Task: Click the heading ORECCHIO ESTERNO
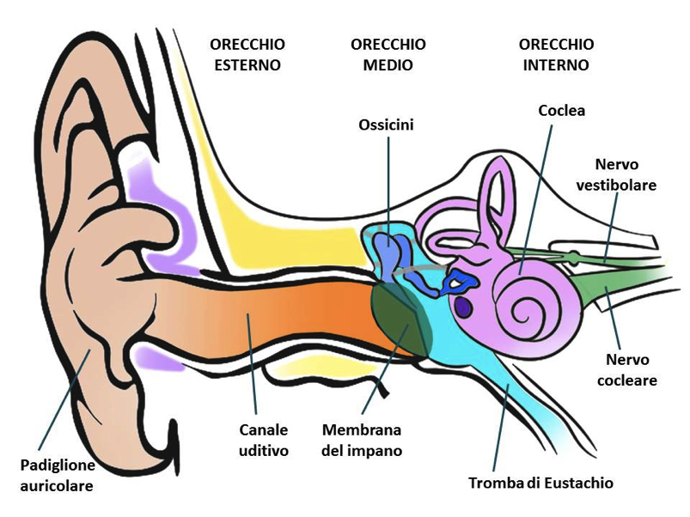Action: [247, 54]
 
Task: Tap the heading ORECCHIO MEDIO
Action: [388, 54]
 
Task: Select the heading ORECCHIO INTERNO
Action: [557, 54]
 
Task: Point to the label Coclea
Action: [561, 111]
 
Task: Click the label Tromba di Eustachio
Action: [540, 483]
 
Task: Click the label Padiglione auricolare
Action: [58, 476]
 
